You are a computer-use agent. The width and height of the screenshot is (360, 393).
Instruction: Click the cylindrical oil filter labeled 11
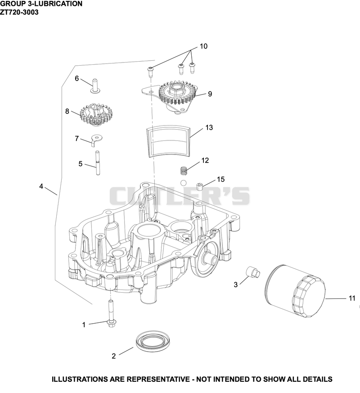tap(295, 291)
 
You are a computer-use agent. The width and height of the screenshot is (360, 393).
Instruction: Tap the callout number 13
tap(209, 127)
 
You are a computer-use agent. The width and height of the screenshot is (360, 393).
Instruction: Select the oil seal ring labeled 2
tap(153, 341)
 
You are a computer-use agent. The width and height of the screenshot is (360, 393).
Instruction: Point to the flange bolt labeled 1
tap(110, 314)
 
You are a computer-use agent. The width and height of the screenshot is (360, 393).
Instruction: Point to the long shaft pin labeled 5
tap(98, 163)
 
